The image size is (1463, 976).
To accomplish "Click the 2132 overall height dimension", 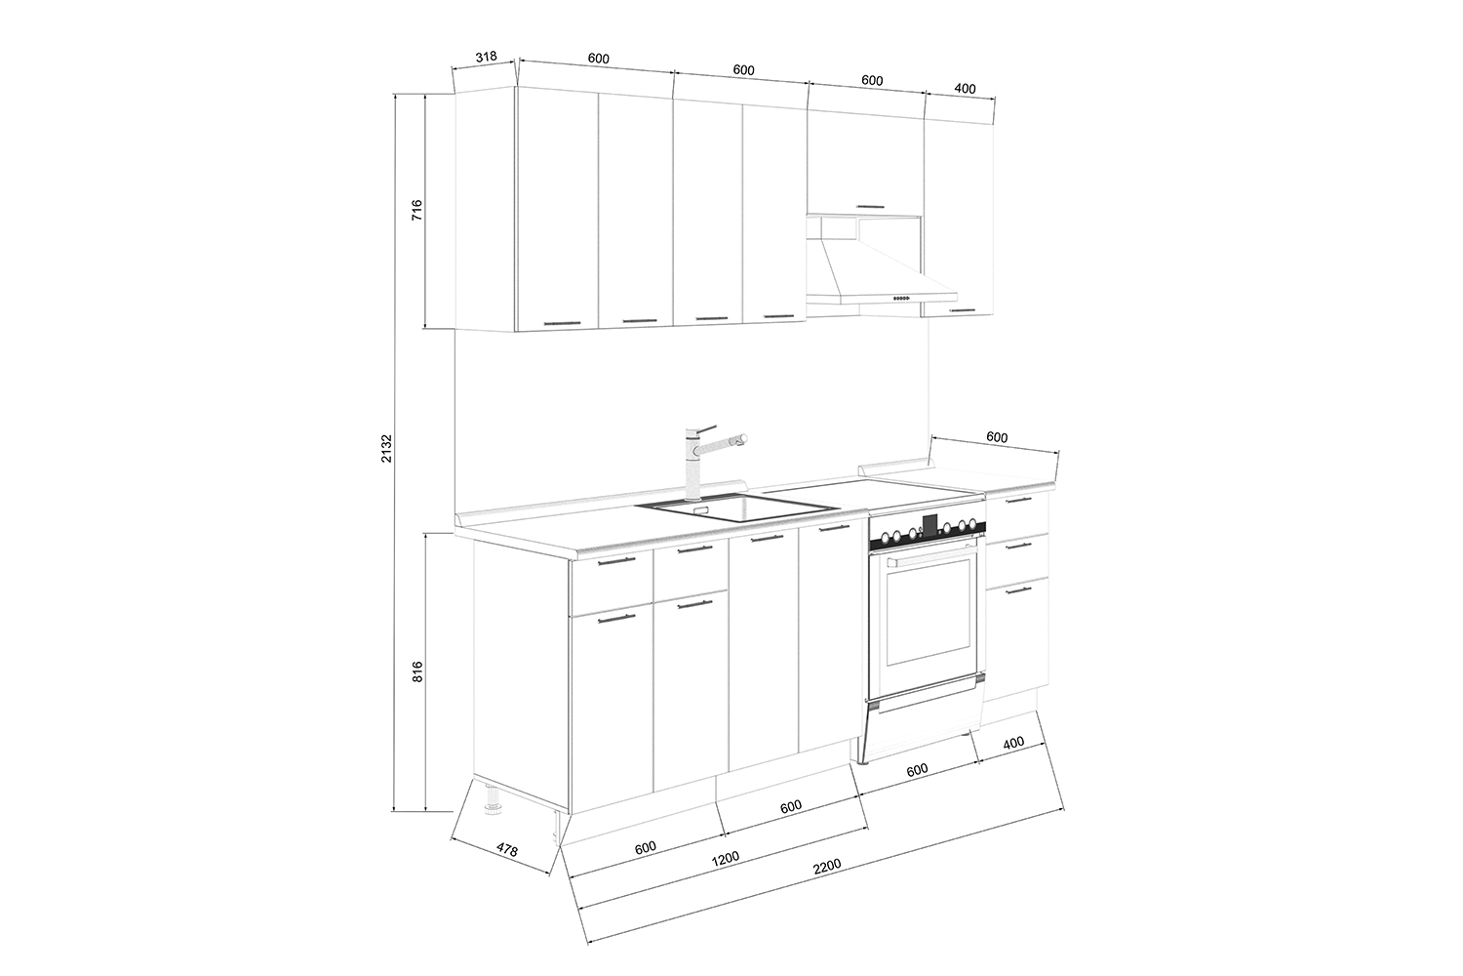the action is tap(387, 448).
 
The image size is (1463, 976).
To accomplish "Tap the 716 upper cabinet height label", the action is tap(417, 210).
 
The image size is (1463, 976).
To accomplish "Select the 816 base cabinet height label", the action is tap(418, 671).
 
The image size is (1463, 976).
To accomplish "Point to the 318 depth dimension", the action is tap(486, 57).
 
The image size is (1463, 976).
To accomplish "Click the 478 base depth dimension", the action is tap(507, 850).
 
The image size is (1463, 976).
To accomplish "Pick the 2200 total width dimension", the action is tap(827, 866).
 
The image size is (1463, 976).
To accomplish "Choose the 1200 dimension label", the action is tap(725, 857).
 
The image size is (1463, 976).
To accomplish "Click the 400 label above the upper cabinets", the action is tap(965, 88).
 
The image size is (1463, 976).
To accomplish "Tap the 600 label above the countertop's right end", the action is tap(997, 437).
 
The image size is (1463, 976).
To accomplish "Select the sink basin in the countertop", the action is tap(737, 508).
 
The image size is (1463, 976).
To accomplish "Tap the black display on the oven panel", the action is tap(930, 524).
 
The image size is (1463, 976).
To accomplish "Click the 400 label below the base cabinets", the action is tap(1013, 743).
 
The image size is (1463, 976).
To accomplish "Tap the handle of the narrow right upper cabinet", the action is tap(963, 309).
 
